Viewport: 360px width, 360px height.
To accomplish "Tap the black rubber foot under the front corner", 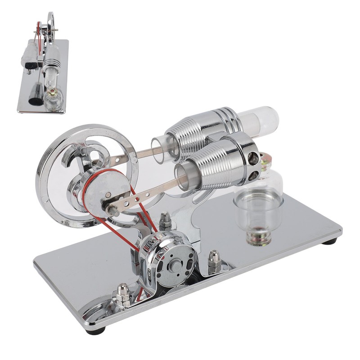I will pos(98,330).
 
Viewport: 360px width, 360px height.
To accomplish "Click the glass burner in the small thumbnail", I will pos(54,97).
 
